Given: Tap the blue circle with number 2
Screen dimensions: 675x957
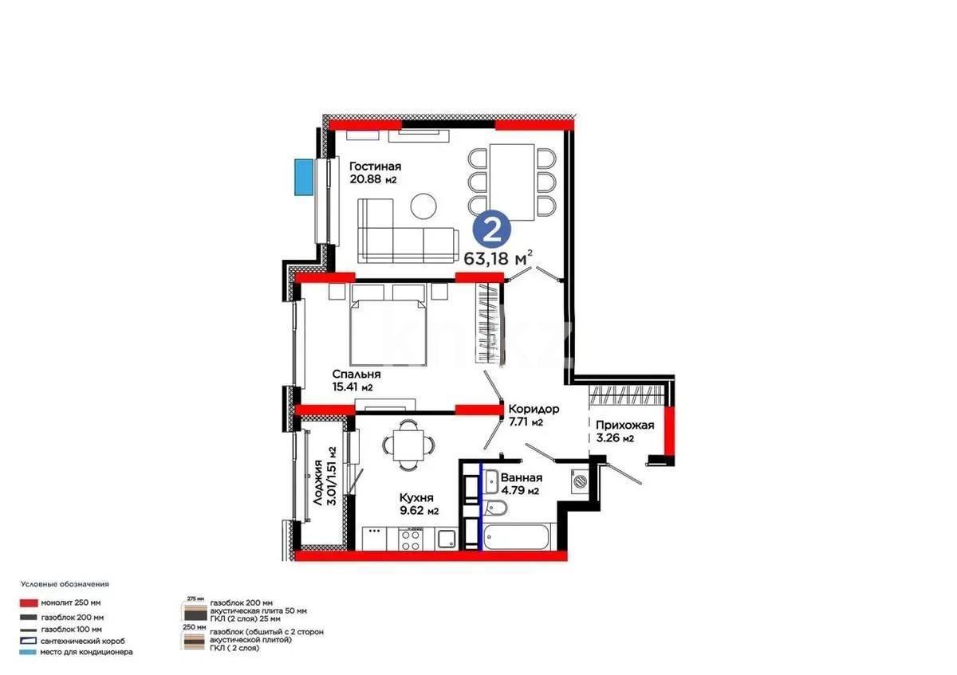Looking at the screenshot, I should click(493, 230).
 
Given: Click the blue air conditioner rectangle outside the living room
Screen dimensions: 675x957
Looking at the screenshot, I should click(303, 176).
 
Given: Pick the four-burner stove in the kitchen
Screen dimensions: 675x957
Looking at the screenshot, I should click(411, 539).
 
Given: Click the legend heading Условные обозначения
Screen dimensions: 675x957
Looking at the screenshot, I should click(65, 584).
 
